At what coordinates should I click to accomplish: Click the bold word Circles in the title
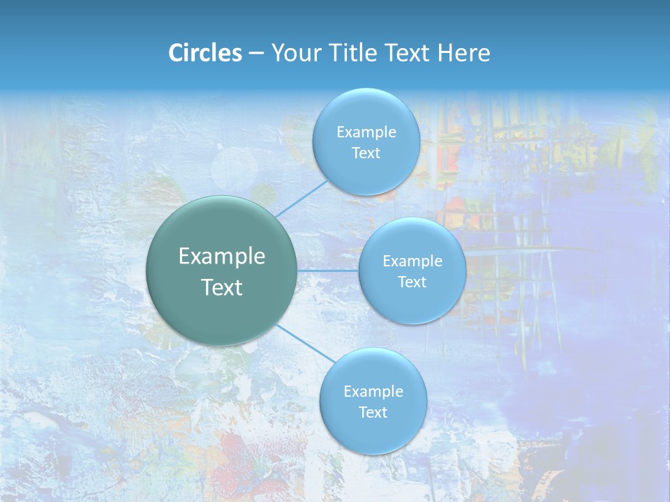point(205,53)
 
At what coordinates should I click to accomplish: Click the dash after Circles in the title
point(256,54)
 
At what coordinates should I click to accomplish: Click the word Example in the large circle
point(222,257)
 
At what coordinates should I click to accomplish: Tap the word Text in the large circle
point(222,287)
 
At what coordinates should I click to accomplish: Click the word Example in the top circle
point(366,132)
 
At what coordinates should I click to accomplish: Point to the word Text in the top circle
point(366,153)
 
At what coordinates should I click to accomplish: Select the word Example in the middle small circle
point(412,261)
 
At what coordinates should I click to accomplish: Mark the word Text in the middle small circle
point(412,282)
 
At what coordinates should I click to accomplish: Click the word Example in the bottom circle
point(373,392)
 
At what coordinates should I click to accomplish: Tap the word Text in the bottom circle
point(373,413)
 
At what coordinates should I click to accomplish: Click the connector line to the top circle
point(301,199)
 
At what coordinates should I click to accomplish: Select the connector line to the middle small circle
point(328,271)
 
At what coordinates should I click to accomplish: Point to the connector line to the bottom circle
point(301,342)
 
